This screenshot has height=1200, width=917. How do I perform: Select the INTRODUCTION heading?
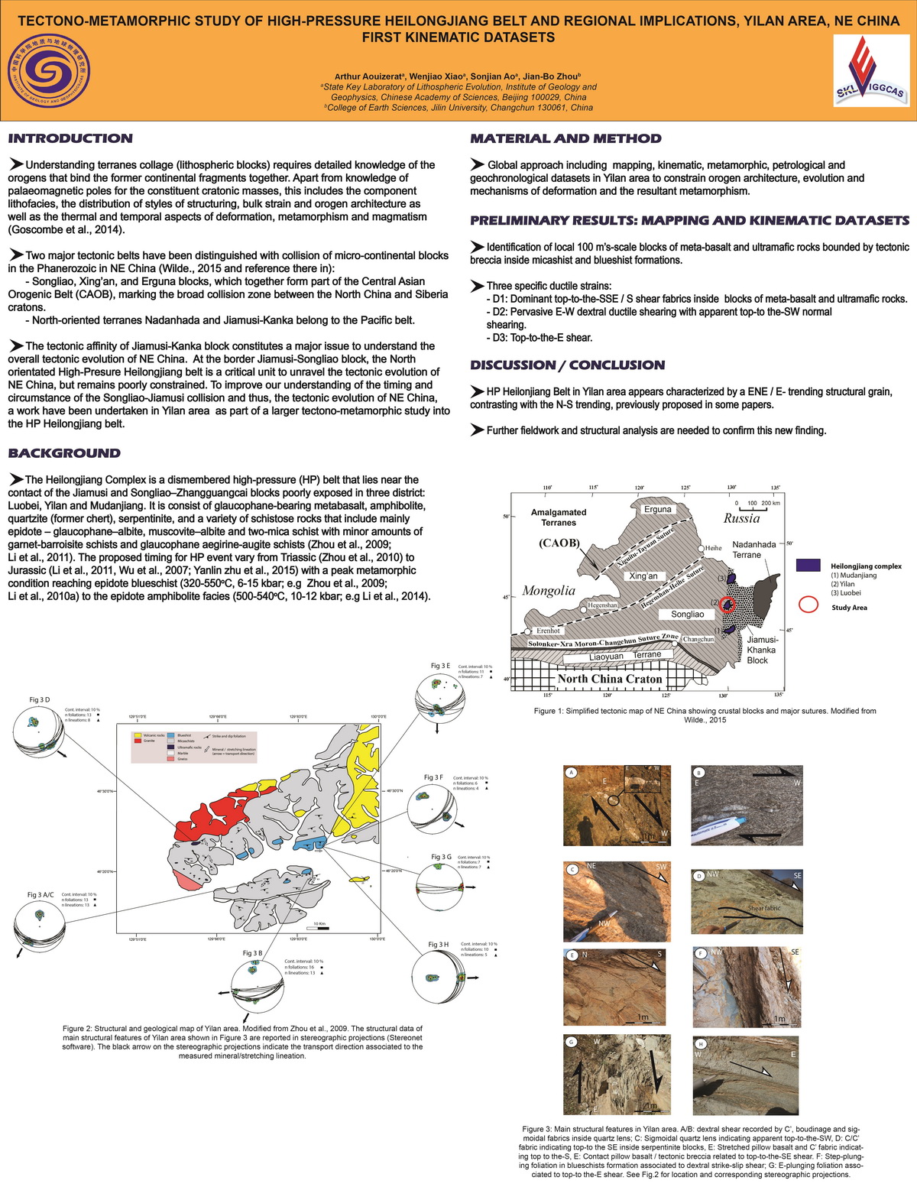(70, 138)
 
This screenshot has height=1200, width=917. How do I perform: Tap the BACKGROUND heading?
(64, 453)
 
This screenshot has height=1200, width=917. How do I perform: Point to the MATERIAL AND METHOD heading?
(565, 138)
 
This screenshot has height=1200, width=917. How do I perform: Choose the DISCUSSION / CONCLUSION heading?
(567, 365)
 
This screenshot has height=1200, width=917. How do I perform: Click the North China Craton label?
(609, 679)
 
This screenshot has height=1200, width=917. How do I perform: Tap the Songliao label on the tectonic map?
(687, 614)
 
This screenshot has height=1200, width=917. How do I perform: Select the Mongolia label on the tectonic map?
(549, 590)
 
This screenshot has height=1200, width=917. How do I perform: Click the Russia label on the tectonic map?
(741, 518)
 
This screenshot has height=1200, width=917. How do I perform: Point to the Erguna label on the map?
(657, 509)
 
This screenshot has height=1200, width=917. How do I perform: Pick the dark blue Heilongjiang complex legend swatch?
(808, 566)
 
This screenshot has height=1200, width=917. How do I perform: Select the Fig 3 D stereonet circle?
(39, 733)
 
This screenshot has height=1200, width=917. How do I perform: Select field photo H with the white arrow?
(745, 1075)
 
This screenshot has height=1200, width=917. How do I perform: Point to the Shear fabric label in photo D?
(764, 908)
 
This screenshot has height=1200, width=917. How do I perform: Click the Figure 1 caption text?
(705, 715)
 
